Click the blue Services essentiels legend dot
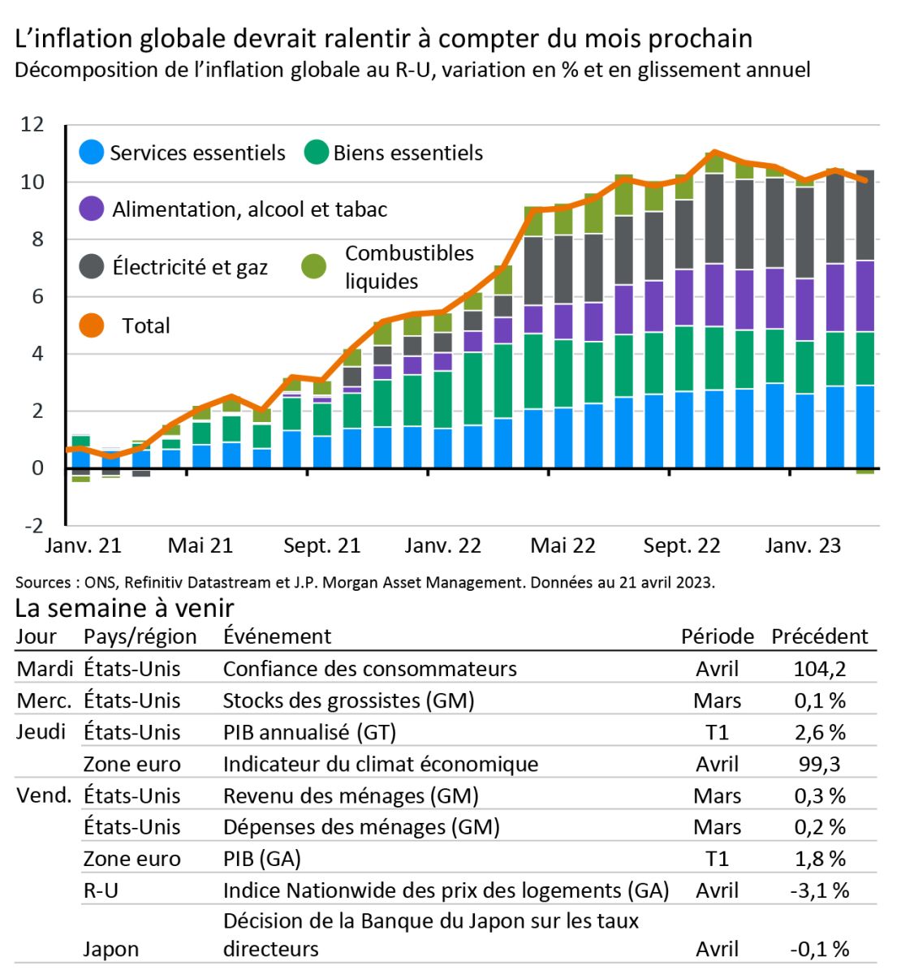click(92, 153)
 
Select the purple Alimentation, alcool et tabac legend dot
click(92, 209)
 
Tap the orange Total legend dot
click(92, 325)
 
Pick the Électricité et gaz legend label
click(190, 267)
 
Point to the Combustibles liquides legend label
click(409, 267)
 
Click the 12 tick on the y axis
click(32, 124)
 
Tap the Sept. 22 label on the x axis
click(682, 546)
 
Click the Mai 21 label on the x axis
click(200, 546)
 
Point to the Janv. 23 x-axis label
click(803, 546)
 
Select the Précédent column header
click(820, 636)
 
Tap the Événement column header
click(277, 636)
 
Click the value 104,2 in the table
click(820, 669)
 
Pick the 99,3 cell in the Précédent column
click(820, 764)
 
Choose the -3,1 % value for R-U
click(820, 890)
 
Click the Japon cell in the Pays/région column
click(111, 949)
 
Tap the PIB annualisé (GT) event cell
click(309, 732)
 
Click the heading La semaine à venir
click(125, 608)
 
